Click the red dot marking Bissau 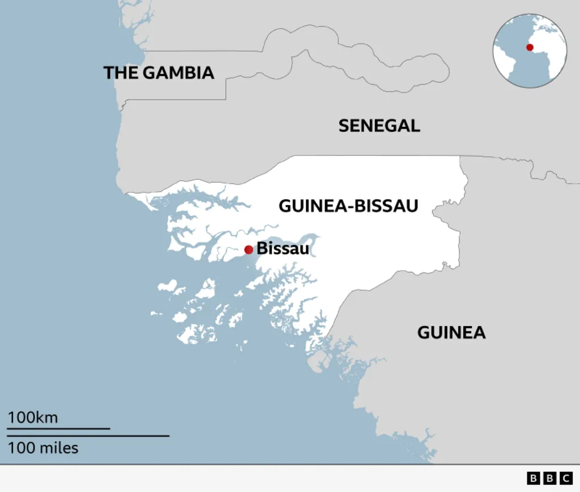click(248, 250)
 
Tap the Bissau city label click(283, 249)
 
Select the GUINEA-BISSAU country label click(348, 206)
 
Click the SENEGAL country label click(379, 126)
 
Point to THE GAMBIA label click(159, 72)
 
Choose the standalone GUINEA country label click(451, 332)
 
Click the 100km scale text click(33, 418)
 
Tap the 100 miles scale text click(43, 448)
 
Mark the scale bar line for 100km click(58, 429)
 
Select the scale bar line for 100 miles click(88, 436)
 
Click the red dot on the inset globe click(530, 47)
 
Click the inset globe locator click(530, 51)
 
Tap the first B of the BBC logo click(534, 478)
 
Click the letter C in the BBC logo click(566, 478)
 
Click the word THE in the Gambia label click(121, 72)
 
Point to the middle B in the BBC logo click(549, 478)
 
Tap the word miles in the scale click(59, 448)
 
